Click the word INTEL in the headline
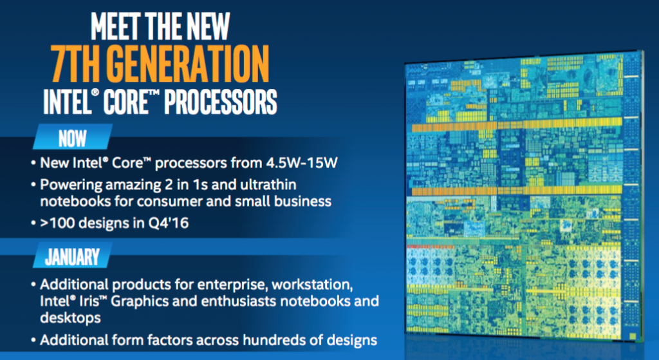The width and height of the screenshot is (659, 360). tap(67, 101)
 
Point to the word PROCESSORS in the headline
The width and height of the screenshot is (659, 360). tap(220, 101)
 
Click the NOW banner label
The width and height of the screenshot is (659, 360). tap(72, 138)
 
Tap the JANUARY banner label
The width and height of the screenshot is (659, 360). tap(72, 257)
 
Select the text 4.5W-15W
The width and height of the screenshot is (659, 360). tap(301, 163)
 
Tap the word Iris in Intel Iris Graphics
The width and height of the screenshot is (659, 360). tap(90, 301)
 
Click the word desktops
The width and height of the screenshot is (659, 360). tap(70, 317)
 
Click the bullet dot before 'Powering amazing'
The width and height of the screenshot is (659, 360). tap(33, 185)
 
